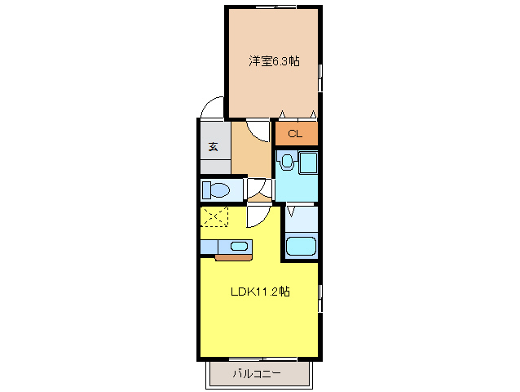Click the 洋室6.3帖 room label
(272, 60)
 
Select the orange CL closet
(295, 133)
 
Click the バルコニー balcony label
(256, 374)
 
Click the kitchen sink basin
(240, 246)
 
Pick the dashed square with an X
(215, 217)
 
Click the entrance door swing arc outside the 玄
(211, 108)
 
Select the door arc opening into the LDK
(258, 216)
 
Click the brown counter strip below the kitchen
(234, 257)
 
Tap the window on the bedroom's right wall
(320, 78)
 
